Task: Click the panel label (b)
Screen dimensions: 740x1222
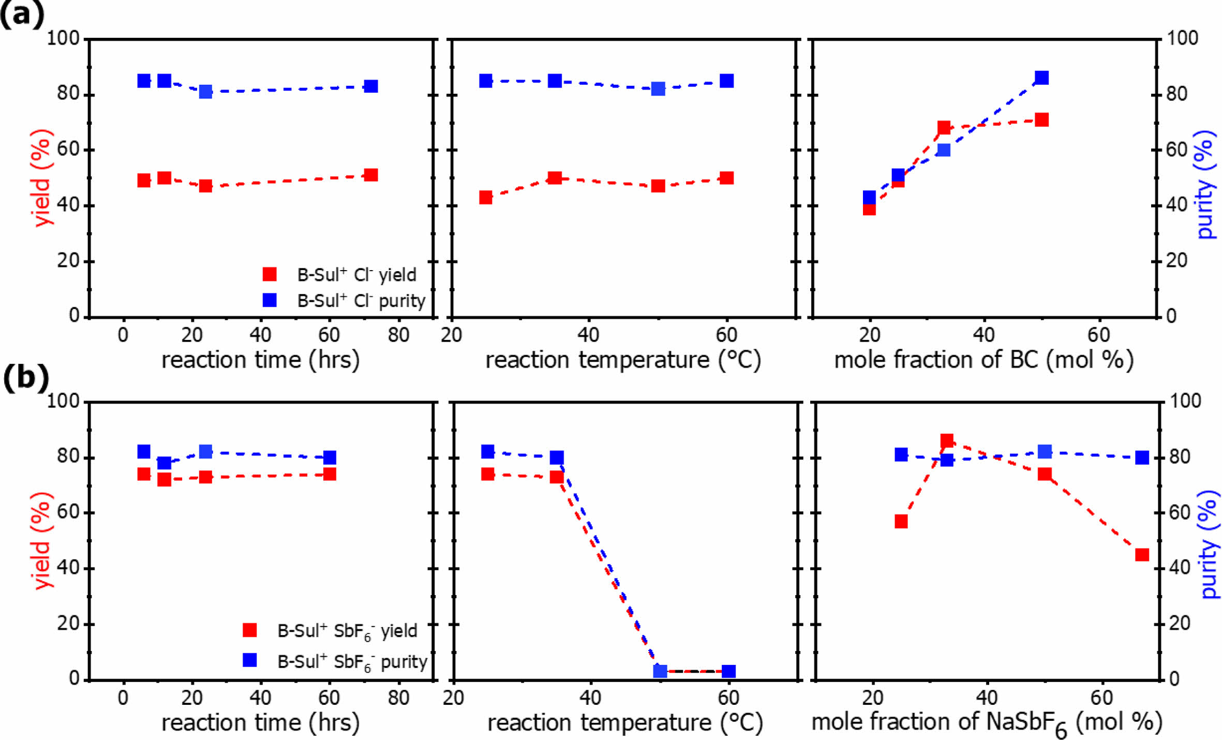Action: (25, 378)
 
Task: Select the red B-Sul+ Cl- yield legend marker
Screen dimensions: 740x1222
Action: (270, 274)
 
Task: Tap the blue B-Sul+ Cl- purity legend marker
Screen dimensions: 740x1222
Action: (270, 300)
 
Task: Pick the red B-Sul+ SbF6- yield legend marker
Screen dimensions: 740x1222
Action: (250, 630)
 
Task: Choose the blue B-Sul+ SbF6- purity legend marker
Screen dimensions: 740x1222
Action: (250, 660)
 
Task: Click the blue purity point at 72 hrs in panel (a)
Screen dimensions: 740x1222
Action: (371, 86)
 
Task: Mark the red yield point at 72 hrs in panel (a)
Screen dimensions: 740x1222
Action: (371, 175)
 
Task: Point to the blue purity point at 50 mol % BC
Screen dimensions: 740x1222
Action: (1041, 78)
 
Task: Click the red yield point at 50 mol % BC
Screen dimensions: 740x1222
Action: (1041, 120)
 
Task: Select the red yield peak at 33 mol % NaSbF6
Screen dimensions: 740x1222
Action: (947, 441)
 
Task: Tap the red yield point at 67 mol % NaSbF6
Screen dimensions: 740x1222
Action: (1142, 555)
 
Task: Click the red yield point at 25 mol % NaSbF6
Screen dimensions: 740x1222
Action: (901, 521)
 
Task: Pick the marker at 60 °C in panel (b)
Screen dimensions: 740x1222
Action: (728, 672)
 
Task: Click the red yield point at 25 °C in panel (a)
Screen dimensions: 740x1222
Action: (485, 198)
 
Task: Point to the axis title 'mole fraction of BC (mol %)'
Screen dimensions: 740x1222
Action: (983, 360)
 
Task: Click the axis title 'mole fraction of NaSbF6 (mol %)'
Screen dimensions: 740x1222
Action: (986, 722)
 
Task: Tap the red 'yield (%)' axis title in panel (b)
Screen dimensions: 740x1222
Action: (42, 541)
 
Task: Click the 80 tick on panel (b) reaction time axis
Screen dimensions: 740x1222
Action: (398, 698)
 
